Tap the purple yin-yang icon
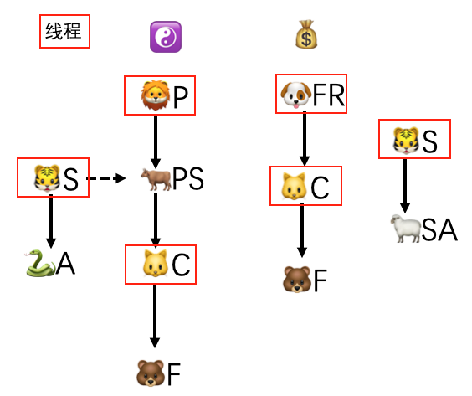pos(165,36)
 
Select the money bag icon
pos(306,34)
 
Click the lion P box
pos(159,95)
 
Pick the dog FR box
pos(311,93)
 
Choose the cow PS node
pos(172,178)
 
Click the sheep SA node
pos(423,228)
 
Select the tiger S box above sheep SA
pos(414,139)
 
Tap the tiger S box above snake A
pos(54,177)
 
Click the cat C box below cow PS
pos(160,265)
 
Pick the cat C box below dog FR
pos(305,185)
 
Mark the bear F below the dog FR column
pos(304,279)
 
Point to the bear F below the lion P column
pos(158,372)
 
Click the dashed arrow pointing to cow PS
pos(105,177)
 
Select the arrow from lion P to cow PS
pos(155,140)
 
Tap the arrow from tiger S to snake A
pos(50,221)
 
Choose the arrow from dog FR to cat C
pos(305,138)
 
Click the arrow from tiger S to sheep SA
pos(405,184)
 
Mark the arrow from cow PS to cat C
pos(155,220)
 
